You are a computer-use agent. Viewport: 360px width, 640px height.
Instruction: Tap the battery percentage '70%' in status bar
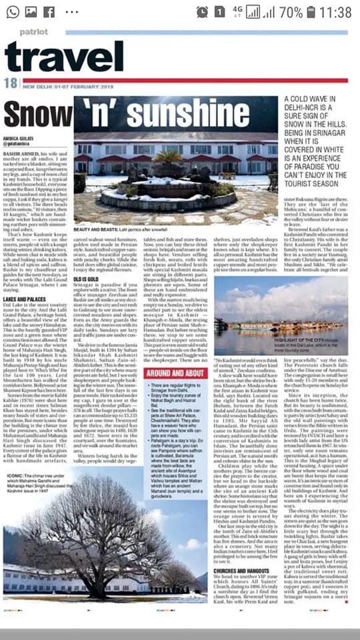291,12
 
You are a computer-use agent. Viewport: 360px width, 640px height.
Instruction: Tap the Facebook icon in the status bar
49,12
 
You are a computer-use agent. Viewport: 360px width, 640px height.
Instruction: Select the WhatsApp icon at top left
13,12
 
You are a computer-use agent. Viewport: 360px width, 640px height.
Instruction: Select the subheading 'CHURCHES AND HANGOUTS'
241,535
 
